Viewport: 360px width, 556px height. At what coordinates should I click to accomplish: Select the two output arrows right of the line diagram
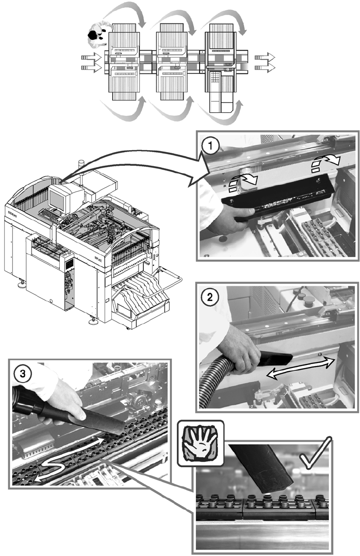pos(265,62)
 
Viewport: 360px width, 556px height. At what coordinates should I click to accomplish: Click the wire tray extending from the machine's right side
pos(165,284)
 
